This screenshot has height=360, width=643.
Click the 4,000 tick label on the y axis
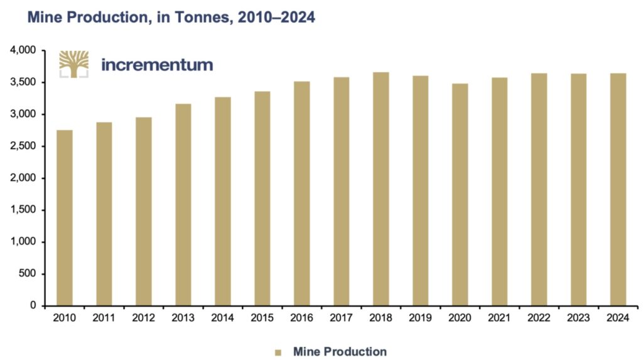(x=23, y=50)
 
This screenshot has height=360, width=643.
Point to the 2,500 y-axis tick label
(x=23, y=146)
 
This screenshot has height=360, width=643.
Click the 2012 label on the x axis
(x=144, y=319)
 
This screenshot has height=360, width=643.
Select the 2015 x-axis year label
(x=262, y=319)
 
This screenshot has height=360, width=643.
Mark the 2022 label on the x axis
(x=539, y=319)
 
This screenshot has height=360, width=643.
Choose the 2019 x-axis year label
(x=420, y=319)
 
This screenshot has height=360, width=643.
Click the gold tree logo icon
(x=73, y=64)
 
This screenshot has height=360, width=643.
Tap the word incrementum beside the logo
(x=156, y=65)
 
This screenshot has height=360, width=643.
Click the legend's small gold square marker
(x=278, y=352)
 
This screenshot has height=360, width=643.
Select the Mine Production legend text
(x=340, y=352)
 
